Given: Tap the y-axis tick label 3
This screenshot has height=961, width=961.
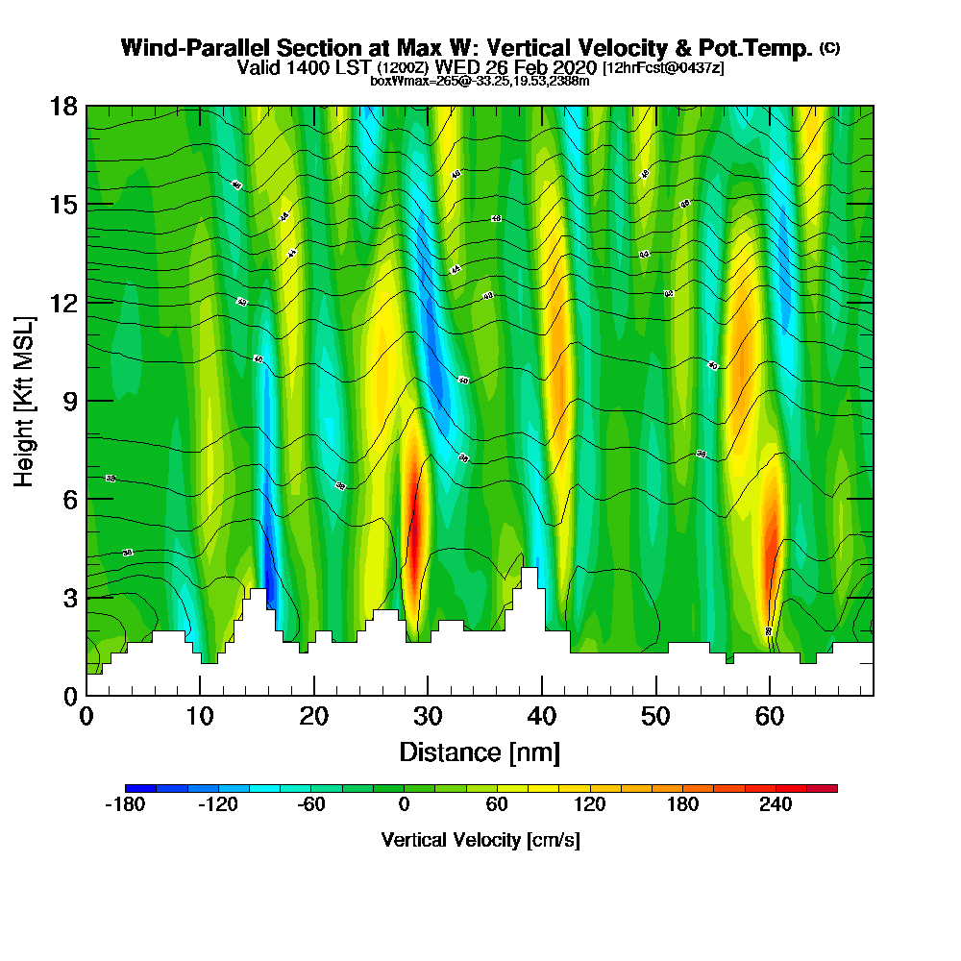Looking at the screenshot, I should tap(69, 597).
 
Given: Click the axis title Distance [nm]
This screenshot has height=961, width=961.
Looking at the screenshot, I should tap(480, 751).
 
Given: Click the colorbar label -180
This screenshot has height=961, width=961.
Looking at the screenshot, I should tap(124, 805).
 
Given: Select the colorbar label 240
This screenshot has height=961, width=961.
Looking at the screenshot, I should tap(776, 805).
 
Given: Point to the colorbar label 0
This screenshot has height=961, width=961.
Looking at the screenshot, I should tap(405, 805).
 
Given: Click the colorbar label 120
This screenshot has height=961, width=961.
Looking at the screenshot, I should tap(589, 805).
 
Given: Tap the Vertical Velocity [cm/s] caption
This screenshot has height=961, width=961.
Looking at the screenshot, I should tap(480, 840).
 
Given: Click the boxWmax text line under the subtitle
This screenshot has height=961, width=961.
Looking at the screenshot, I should tap(480, 81).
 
